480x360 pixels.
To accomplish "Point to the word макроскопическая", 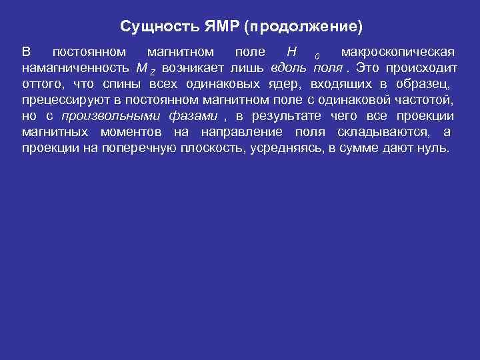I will point(398,52).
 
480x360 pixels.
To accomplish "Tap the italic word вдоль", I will point(289,68).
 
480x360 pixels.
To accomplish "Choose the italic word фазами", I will point(196,116).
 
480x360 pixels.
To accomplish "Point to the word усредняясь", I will point(287,148).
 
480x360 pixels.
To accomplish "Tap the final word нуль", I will point(436,148).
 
